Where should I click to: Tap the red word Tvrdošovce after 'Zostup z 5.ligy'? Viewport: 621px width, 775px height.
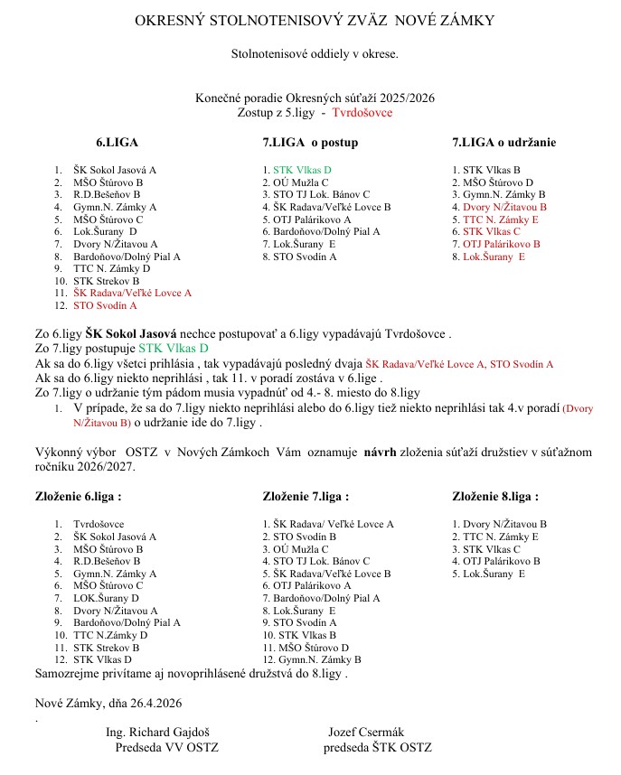click(x=362, y=113)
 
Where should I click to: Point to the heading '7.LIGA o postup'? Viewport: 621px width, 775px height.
click(x=310, y=143)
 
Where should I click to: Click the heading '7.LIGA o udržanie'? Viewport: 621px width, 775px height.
click(x=503, y=143)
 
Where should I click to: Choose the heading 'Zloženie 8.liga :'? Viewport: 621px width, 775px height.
click(x=494, y=496)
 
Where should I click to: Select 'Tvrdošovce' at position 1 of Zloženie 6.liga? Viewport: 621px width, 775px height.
click(x=99, y=524)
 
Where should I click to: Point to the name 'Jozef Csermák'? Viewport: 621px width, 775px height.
click(x=362, y=733)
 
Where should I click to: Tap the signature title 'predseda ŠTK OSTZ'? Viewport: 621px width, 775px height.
click(x=377, y=747)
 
